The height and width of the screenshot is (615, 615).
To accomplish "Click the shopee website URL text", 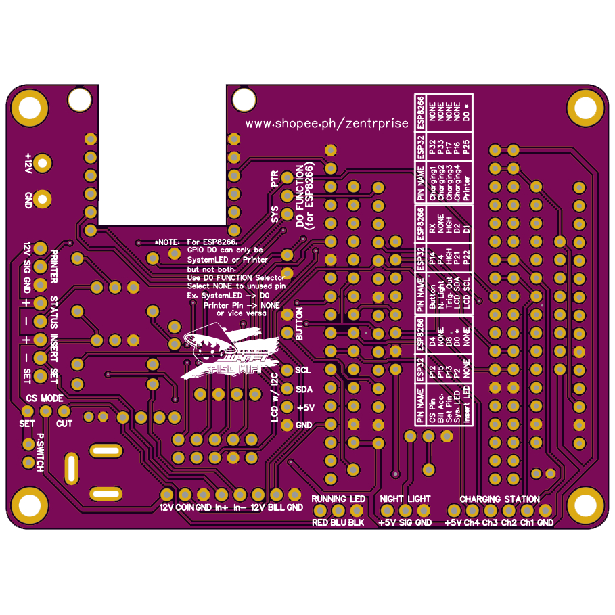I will click(326, 123).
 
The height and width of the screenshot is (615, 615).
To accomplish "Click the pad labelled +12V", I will click(43, 163).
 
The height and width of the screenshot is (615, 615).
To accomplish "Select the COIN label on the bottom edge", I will click(185, 507).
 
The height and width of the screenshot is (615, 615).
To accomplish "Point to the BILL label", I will click(276, 507).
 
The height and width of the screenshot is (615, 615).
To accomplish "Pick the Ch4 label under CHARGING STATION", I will click(472, 523).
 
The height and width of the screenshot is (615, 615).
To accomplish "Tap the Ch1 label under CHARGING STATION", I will click(528, 523).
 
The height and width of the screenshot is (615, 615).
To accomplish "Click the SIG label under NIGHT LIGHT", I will click(405, 523).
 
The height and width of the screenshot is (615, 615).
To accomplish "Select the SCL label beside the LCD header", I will click(303, 370).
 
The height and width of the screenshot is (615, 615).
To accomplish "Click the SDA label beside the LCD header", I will click(304, 389).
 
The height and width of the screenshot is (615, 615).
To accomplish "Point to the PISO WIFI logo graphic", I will click(220, 352).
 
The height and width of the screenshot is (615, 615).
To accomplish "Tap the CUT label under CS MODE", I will click(64, 424).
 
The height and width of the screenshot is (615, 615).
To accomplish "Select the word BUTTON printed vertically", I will click(299, 323).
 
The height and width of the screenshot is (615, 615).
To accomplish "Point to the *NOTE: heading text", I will click(168, 242).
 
